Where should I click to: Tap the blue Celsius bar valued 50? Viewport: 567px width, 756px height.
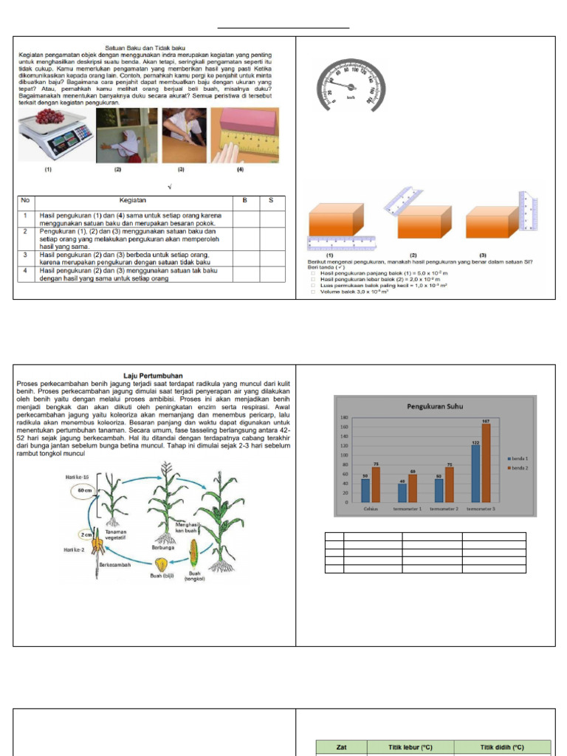click(365, 490)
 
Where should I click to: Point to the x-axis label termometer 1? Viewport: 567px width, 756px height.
click(407, 508)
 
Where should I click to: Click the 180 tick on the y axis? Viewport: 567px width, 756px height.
click(344, 418)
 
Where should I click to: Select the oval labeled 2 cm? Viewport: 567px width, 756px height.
click(86, 534)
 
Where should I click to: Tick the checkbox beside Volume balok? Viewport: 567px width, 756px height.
click(313, 292)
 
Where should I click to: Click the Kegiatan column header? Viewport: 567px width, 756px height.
click(133, 200)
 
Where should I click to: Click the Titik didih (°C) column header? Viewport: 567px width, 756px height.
click(502, 747)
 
